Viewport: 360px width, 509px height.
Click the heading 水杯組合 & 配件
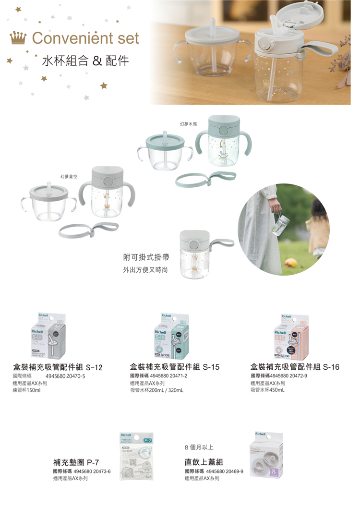pos(85,61)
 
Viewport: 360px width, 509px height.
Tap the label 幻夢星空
pos(69,177)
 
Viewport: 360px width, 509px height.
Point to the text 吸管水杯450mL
pos(267,390)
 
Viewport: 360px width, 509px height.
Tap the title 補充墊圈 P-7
pos(76,462)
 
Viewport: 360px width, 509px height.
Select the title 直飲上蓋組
pos(204,462)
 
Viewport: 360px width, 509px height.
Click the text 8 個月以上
pos(199,448)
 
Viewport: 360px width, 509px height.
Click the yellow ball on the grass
pos(290,263)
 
